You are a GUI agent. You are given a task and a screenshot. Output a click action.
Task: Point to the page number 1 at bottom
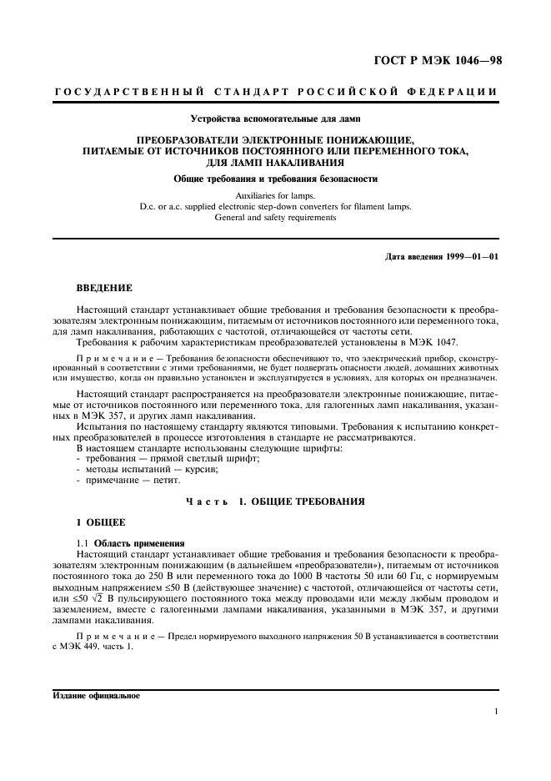pyautogui.click(x=495, y=712)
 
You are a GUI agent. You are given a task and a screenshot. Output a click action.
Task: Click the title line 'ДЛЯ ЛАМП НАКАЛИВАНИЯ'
pyautogui.click(x=275, y=162)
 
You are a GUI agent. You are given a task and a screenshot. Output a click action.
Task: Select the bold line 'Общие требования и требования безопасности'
pyautogui.click(x=275, y=179)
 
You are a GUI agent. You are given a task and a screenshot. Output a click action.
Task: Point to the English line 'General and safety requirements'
pyautogui.click(x=275, y=217)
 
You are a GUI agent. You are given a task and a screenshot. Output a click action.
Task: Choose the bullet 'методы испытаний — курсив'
pyautogui.click(x=137, y=470)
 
